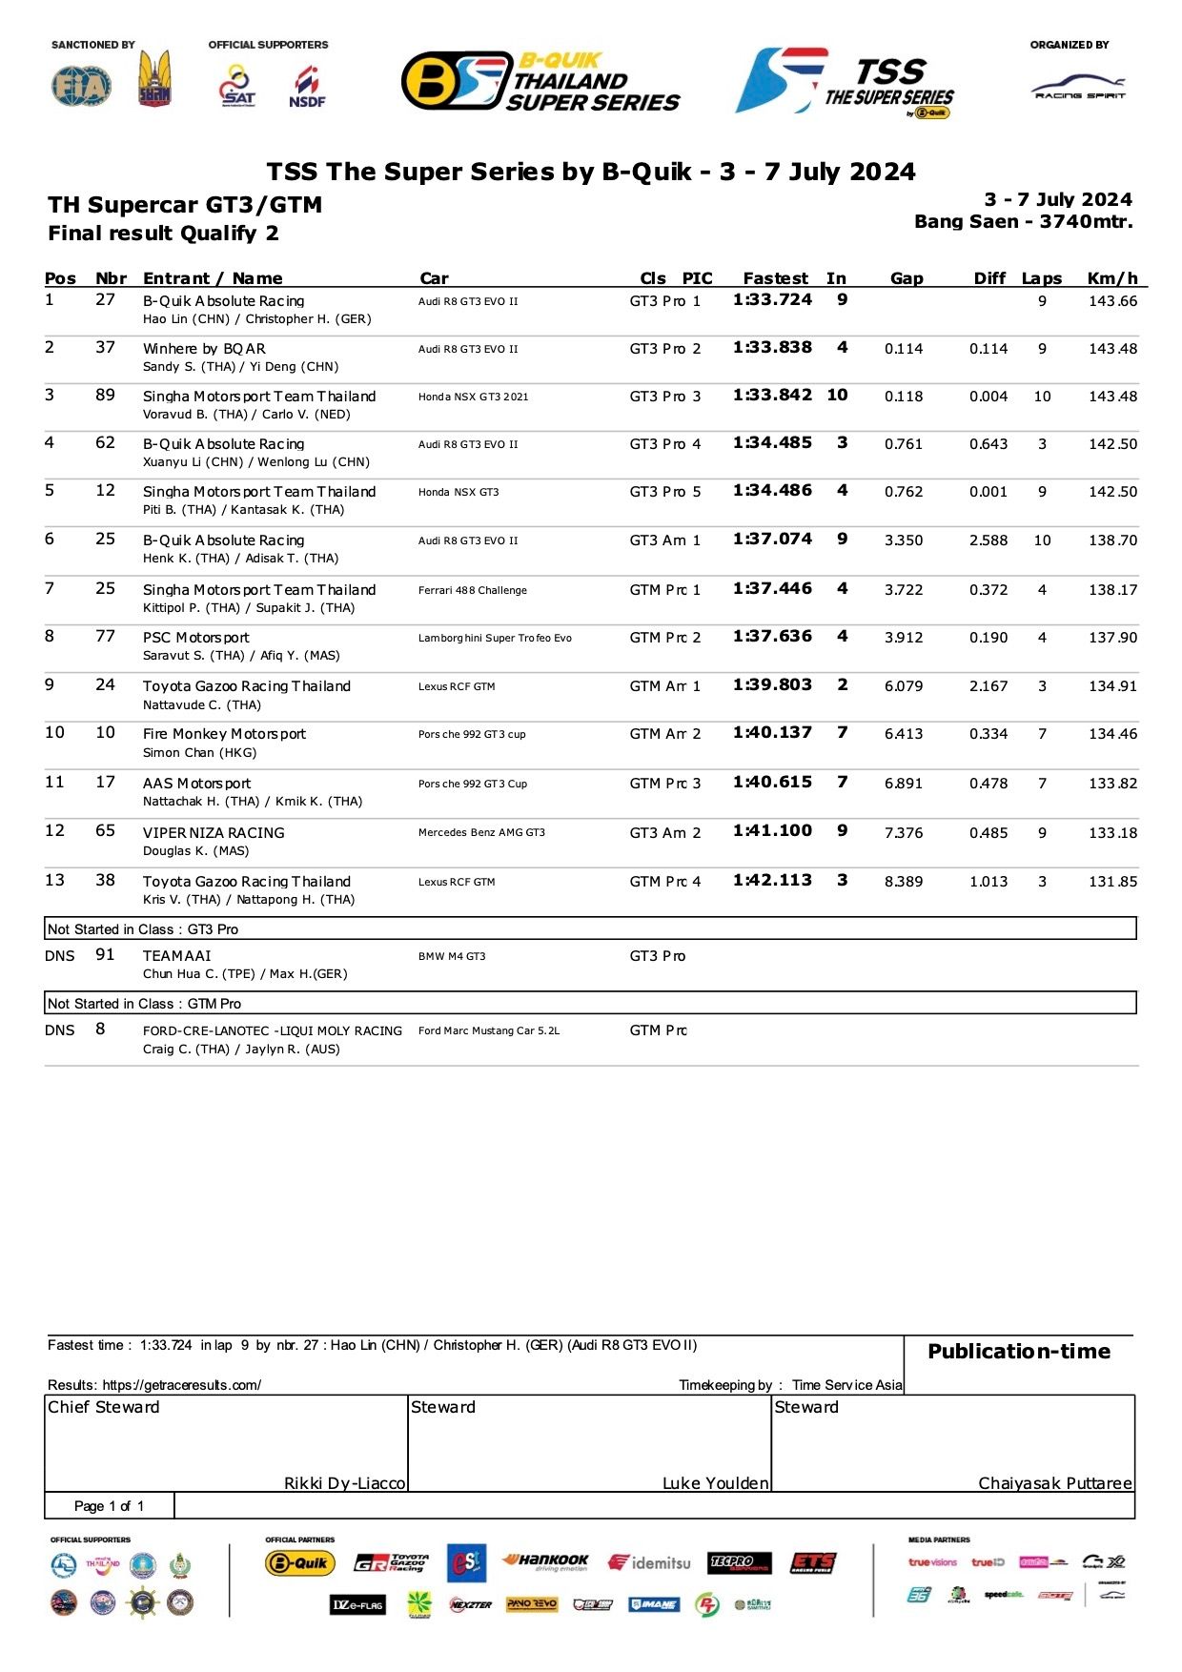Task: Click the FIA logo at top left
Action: tap(81, 86)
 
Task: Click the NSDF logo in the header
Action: tap(307, 86)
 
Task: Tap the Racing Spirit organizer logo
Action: tap(1079, 89)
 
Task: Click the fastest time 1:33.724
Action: tap(772, 300)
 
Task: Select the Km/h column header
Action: tap(1112, 278)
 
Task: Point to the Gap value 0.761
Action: tap(903, 444)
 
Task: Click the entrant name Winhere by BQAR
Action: tap(204, 349)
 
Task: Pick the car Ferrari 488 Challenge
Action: tap(472, 590)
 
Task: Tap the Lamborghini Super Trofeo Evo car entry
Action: tap(495, 638)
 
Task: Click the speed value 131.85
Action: tap(1112, 882)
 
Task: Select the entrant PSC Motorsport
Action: tap(195, 638)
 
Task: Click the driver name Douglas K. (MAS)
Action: tap(195, 850)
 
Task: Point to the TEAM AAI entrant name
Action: tap(176, 956)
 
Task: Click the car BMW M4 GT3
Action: tap(452, 956)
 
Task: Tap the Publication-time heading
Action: tap(1018, 1352)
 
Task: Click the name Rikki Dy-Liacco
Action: tap(344, 1483)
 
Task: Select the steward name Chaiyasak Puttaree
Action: tap(1054, 1483)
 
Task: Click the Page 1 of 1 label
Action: tap(109, 1506)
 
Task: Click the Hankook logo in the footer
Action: tap(546, 1561)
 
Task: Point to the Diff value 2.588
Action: tap(988, 540)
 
